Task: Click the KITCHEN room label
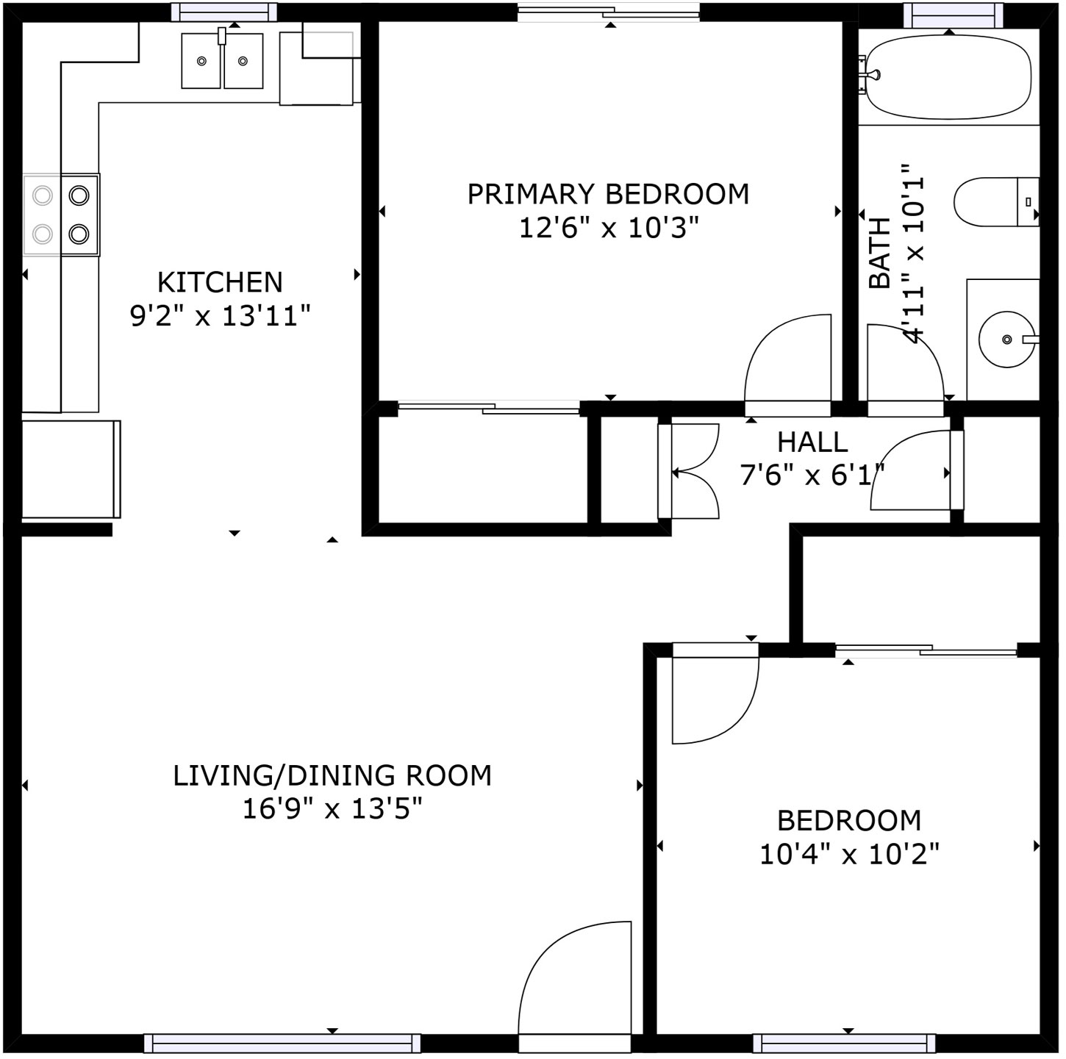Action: pyautogui.click(x=220, y=283)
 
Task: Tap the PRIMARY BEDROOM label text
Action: pyautogui.click(x=609, y=194)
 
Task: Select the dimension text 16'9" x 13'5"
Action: pyautogui.click(x=332, y=810)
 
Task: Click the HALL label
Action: pyautogui.click(x=812, y=442)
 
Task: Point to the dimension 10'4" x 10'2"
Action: pyautogui.click(x=850, y=855)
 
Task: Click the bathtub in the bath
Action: pyautogui.click(x=948, y=82)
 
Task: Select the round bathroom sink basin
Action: pyautogui.click(x=1006, y=339)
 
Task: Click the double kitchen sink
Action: pyautogui.click(x=222, y=60)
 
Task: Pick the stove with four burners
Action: pyautogui.click(x=61, y=215)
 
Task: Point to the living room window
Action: pyautogui.click(x=282, y=1043)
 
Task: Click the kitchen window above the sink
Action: pyautogui.click(x=223, y=12)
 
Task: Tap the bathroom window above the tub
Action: pyautogui.click(x=953, y=15)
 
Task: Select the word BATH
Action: pyautogui.click(x=880, y=254)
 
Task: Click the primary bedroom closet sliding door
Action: pyautogui.click(x=489, y=408)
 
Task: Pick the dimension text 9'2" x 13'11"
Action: pyautogui.click(x=220, y=316)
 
